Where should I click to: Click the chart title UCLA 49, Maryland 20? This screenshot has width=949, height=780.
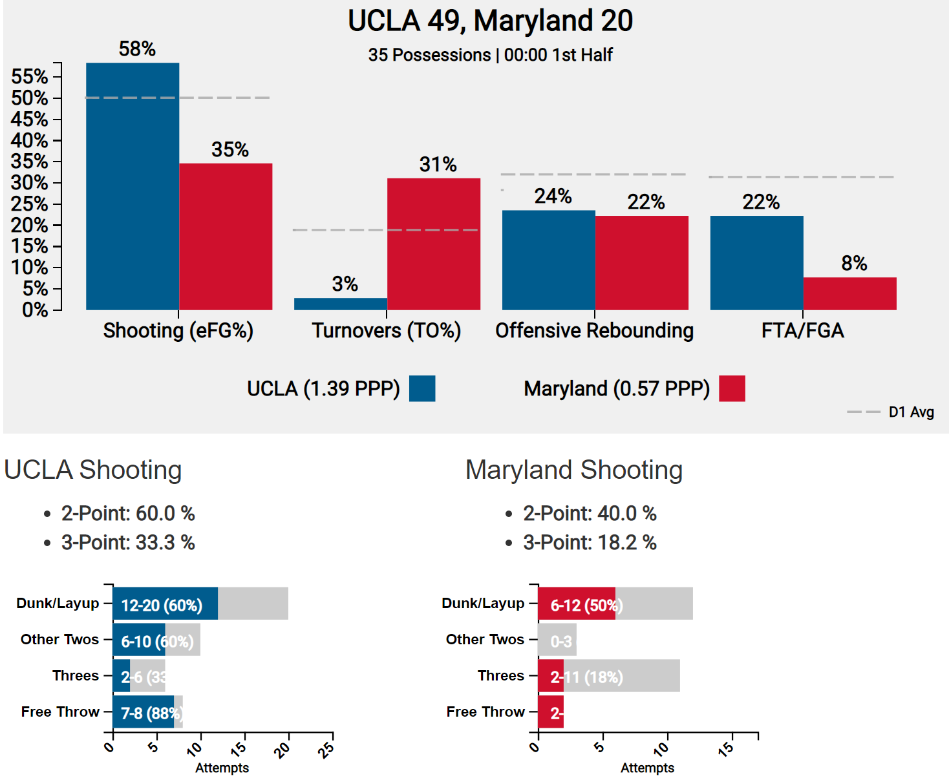(490, 21)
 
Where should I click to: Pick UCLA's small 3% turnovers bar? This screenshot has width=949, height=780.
(341, 304)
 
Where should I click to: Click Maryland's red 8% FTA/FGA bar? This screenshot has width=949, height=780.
(849, 293)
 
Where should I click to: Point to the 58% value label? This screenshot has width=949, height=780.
(137, 49)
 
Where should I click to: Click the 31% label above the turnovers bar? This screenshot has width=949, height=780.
(438, 165)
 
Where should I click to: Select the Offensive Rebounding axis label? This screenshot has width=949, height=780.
(594, 330)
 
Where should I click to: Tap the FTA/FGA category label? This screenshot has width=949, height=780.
(802, 330)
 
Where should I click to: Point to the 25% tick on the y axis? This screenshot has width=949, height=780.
(30, 204)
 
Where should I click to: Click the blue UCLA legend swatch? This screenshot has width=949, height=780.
(422, 388)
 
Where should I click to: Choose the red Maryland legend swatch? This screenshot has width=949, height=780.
(732, 388)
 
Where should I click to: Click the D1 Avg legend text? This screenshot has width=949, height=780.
(911, 412)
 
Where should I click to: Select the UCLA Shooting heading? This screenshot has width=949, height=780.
(93, 470)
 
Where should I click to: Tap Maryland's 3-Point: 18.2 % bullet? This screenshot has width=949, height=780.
(589, 542)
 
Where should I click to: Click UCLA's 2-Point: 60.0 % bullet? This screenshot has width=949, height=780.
(128, 513)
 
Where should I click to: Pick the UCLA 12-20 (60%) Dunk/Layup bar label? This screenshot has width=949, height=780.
(162, 606)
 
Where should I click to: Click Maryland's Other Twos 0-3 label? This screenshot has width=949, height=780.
(561, 642)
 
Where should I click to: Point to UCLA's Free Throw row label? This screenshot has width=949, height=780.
(60, 711)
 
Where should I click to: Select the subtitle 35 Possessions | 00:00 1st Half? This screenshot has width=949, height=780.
(490, 55)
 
